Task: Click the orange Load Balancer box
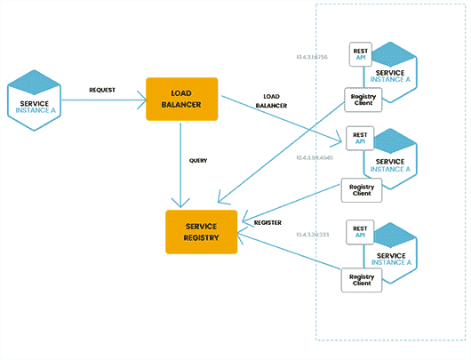pyautogui.click(x=181, y=100)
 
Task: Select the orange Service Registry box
pyautogui.click(x=202, y=232)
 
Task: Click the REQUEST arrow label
pyautogui.click(x=102, y=91)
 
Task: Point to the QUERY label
pyautogui.click(x=198, y=161)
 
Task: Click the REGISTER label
pyautogui.click(x=267, y=223)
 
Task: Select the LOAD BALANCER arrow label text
pyautogui.click(x=271, y=100)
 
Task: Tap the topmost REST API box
pyautogui.click(x=360, y=53)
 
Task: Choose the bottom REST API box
pyautogui.click(x=360, y=233)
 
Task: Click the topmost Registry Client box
pyautogui.click(x=363, y=99)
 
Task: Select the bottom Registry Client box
pyautogui.click(x=363, y=278)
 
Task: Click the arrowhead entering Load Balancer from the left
pyautogui.click(x=142, y=100)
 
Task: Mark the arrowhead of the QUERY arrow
pyautogui.click(x=181, y=204)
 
